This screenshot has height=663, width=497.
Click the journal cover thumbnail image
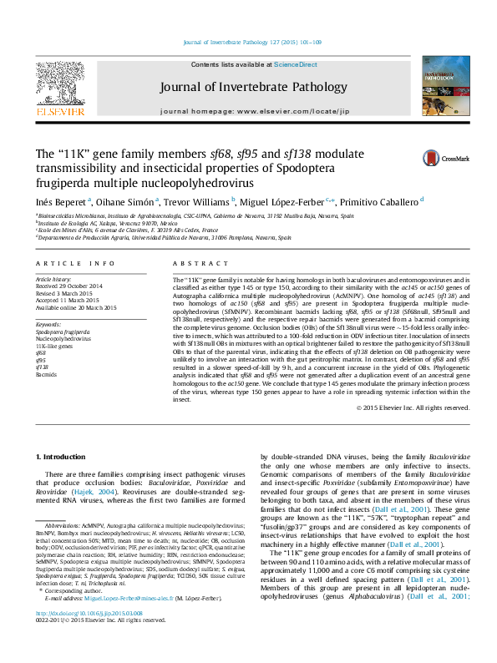443,86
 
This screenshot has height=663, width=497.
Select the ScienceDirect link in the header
296,64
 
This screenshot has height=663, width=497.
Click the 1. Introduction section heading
63,457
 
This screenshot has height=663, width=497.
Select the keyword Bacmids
46,374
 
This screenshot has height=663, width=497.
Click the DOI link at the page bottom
89,636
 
